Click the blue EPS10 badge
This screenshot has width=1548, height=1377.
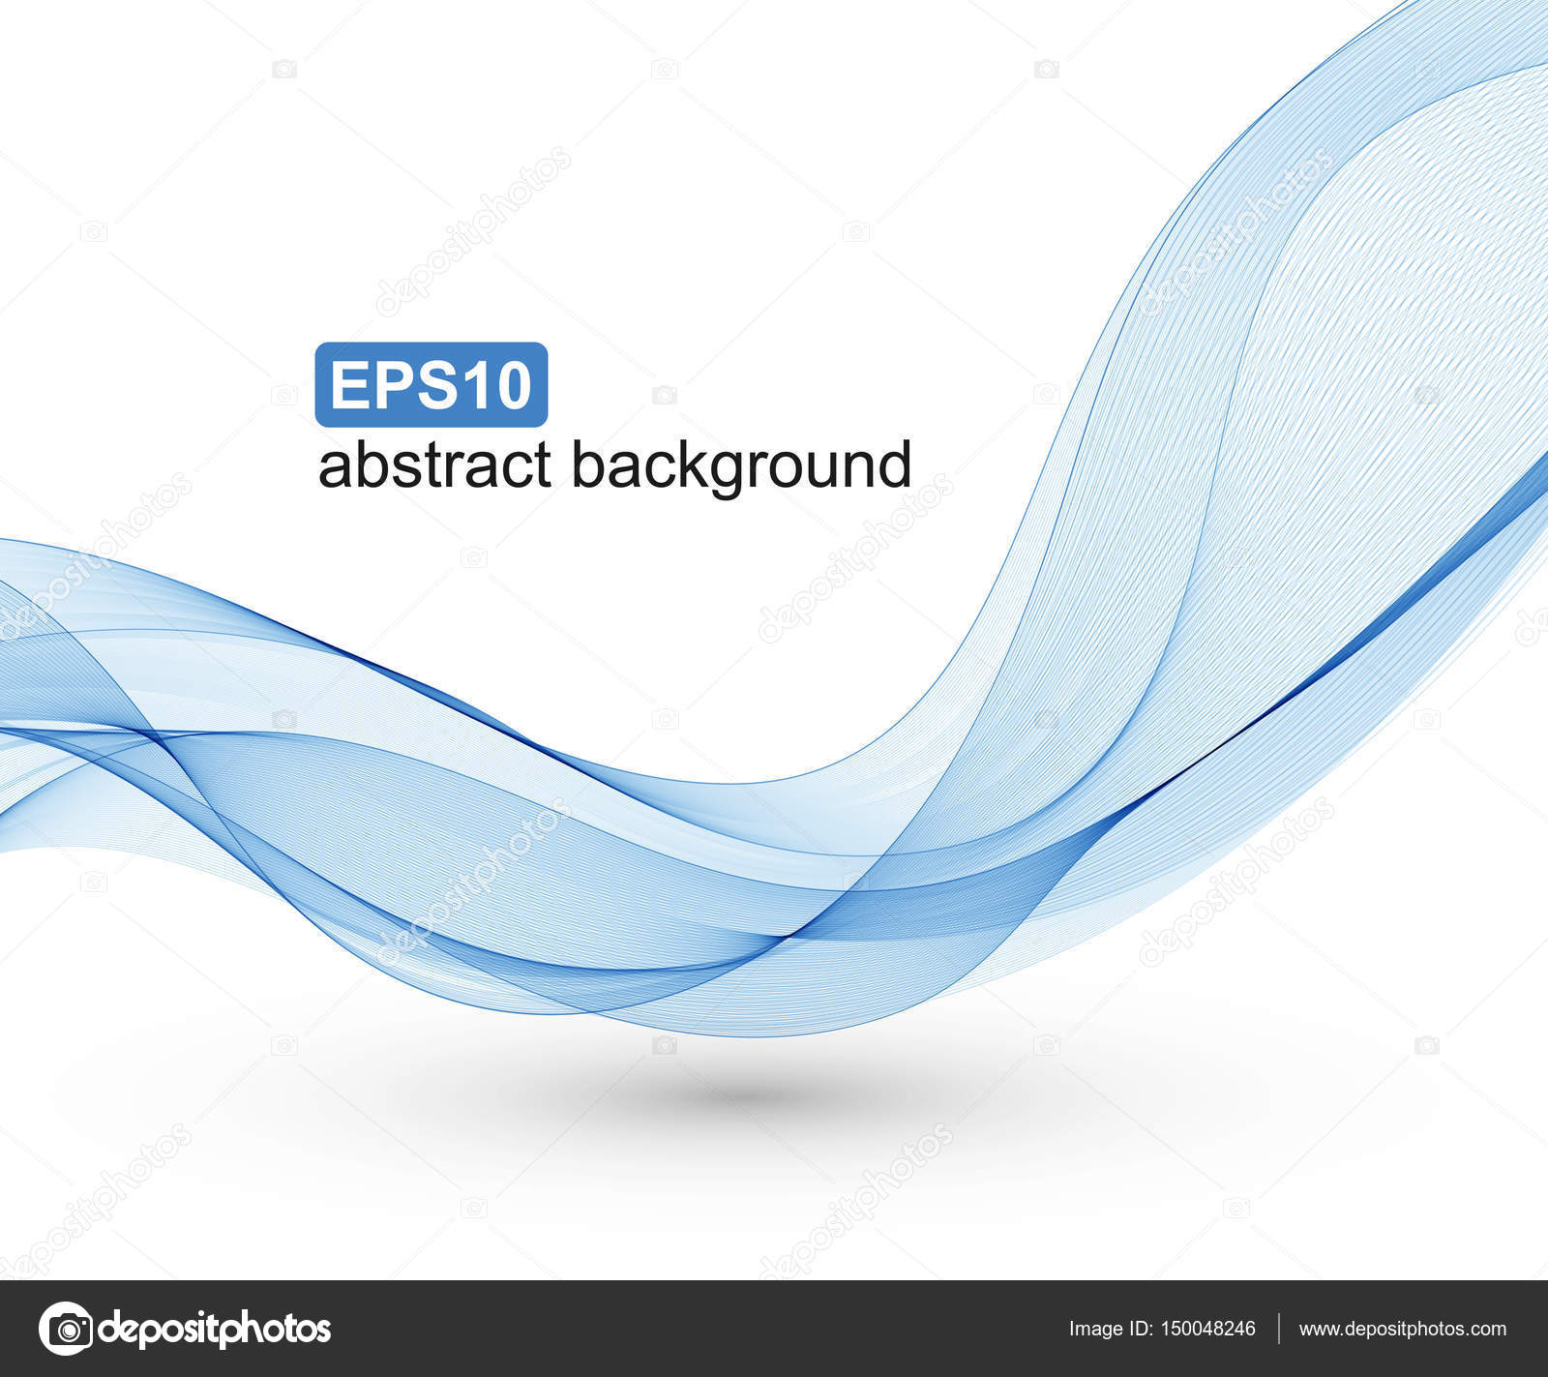432,385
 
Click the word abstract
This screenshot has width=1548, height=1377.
434,465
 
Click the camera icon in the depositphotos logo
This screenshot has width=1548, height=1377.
66,1329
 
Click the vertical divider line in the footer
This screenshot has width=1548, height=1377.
1278,1329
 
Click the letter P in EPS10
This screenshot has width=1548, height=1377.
390,385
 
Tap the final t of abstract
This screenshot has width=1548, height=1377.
542,467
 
